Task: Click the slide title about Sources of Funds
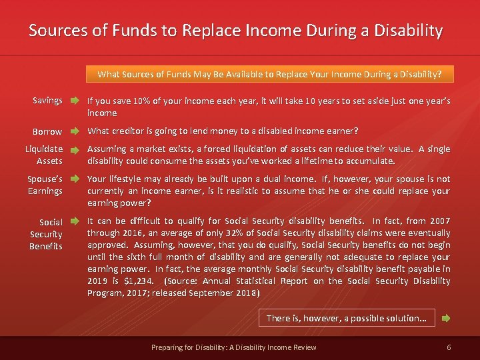pos(235,31)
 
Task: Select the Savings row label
pos(47,101)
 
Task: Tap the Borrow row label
pos(47,131)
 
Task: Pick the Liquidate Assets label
pos(45,155)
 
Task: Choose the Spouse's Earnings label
pos(45,185)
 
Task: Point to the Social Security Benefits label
pos(46,233)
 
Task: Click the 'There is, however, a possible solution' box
pos(347,318)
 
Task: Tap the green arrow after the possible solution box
pos(446,319)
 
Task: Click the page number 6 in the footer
pos(449,347)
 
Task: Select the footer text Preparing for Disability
pos(233,347)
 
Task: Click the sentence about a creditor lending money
pos(223,131)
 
